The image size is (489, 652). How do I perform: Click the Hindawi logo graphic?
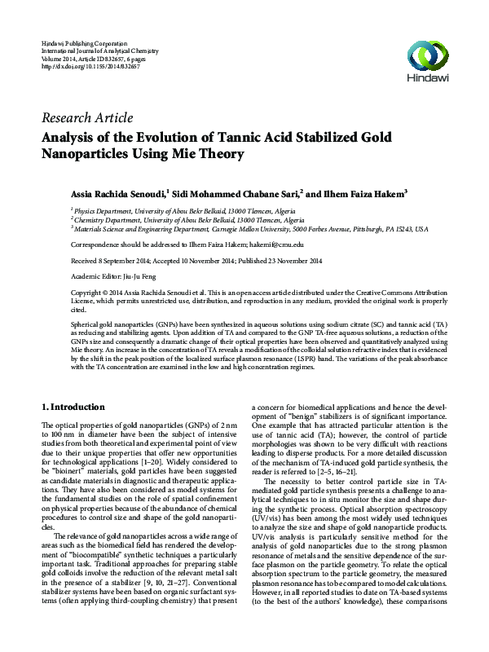(x=430, y=55)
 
